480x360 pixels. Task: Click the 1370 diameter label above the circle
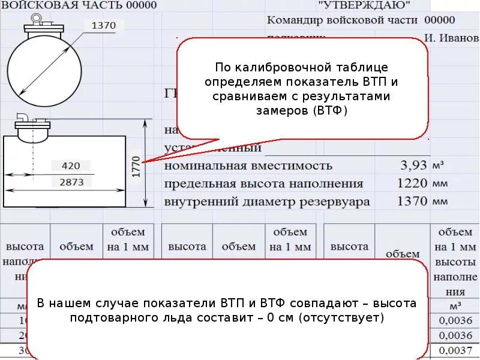point(108,26)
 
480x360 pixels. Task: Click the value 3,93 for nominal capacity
point(413,165)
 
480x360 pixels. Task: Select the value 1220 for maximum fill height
point(412,184)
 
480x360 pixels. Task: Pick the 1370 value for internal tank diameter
point(412,202)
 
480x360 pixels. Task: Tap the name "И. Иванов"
point(451,38)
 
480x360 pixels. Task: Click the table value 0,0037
point(455,350)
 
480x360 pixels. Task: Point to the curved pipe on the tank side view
point(22,117)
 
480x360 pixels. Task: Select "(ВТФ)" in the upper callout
point(329,111)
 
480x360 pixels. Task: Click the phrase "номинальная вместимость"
point(248,166)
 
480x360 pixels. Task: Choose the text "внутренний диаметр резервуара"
point(267,202)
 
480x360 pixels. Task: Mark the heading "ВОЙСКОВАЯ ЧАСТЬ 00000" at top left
point(79,5)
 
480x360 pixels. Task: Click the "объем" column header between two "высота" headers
point(239,246)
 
